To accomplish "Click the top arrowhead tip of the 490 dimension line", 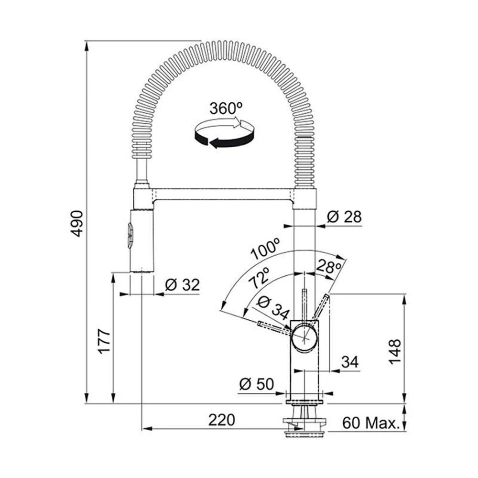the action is pyautogui.click(x=87, y=41).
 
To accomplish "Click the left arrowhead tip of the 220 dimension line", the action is pyautogui.click(x=142, y=429).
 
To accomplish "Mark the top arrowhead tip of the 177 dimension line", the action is pyautogui.click(x=113, y=272).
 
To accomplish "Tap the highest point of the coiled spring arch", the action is pyautogui.click(x=223, y=40).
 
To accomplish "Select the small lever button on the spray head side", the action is pyautogui.click(x=130, y=234).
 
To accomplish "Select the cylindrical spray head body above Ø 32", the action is pyautogui.click(x=141, y=241).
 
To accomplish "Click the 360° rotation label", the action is pyautogui.click(x=226, y=108).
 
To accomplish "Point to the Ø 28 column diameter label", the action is pyautogui.click(x=344, y=217).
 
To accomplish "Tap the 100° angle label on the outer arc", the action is pyautogui.click(x=265, y=249).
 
